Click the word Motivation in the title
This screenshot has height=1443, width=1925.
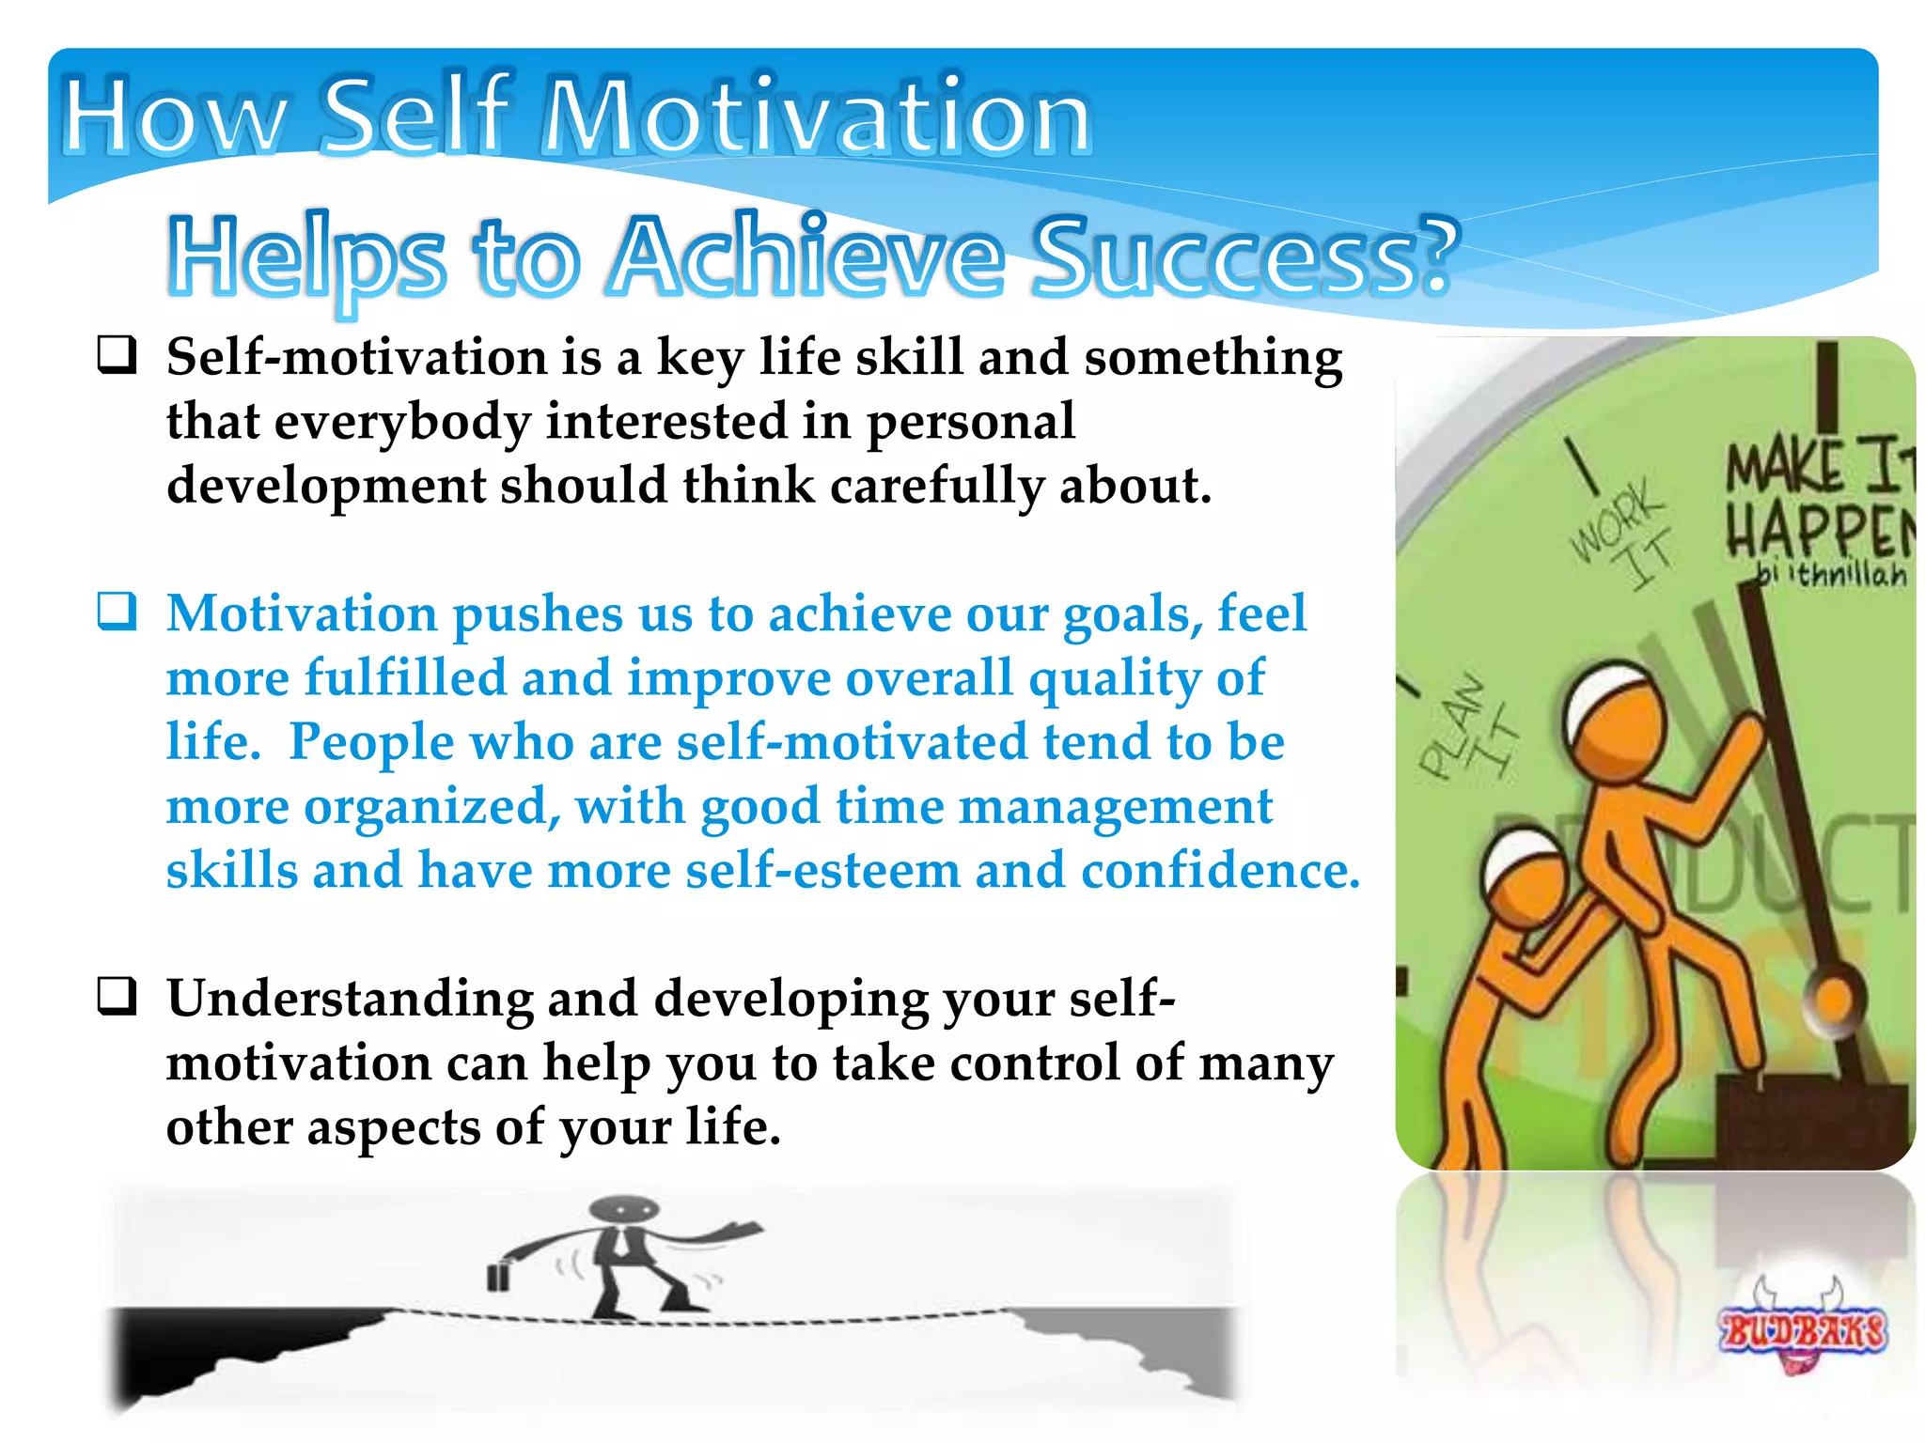tap(818, 117)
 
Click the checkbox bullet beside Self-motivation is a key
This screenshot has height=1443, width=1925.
tap(117, 356)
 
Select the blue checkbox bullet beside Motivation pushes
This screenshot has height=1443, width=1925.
tap(117, 612)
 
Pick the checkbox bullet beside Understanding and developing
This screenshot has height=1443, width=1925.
tap(117, 997)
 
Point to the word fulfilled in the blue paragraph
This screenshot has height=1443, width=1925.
tap(405, 678)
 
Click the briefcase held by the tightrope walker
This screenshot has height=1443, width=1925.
tap(498, 1277)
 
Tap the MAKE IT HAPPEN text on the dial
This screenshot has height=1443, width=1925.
tap(1819, 503)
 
